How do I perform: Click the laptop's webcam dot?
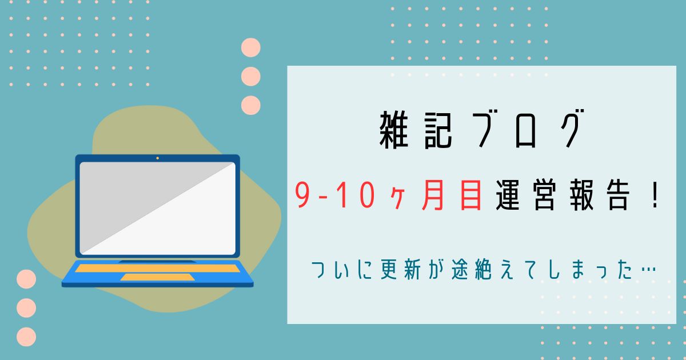tap(157, 158)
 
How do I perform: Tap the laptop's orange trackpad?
tap(157, 277)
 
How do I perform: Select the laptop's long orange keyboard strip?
tap(157, 268)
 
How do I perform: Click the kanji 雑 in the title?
tap(394, 130)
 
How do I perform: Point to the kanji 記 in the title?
tap(438, 130)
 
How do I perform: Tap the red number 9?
tap(303, 195)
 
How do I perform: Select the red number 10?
tap(356, 195)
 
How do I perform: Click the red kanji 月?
tap(433, 195)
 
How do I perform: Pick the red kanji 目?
tap(470, 195)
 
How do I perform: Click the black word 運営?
tap(526, 195)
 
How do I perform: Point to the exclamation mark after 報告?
tap(655, 195)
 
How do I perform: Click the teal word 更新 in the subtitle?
tap(401, 270)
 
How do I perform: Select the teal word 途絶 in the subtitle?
tap(471, 270)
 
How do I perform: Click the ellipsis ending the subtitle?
tap(648, 270)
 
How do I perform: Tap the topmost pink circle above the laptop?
tap(251, 47)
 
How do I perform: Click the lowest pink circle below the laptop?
tap(26, 337)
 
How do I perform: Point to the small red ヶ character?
tap(398, 199)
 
